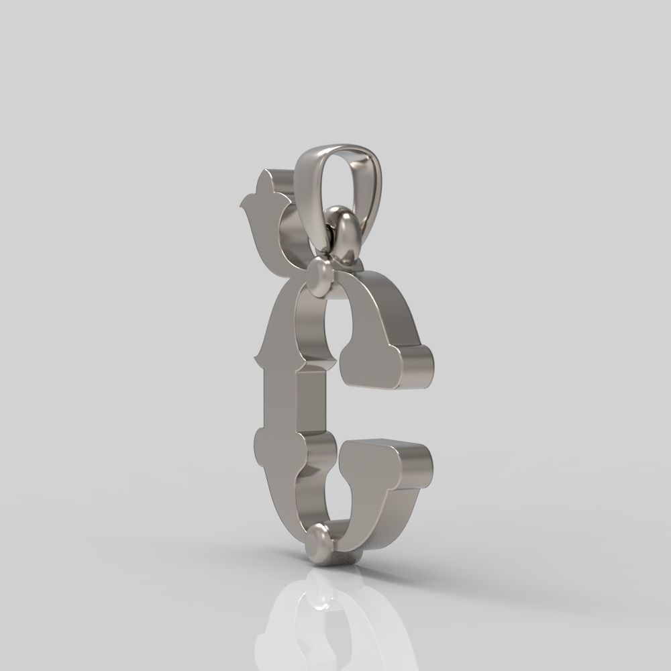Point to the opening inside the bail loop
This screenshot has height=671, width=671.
tap(348, 181)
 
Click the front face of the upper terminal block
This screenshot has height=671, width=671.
tap(372, 366)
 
